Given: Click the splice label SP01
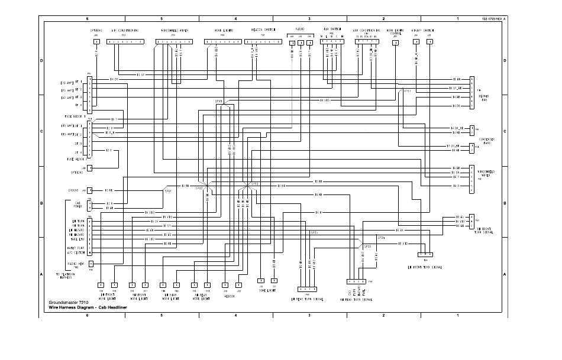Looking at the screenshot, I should [407, 91].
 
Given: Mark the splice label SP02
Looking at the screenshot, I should [199, 189].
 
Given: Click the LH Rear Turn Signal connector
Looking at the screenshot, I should [308, 289].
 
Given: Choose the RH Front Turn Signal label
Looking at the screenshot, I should [484, 231].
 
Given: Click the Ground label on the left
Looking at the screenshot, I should [73, 191].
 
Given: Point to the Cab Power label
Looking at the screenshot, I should [77, 206].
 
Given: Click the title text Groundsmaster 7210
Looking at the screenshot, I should [68, 303].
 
